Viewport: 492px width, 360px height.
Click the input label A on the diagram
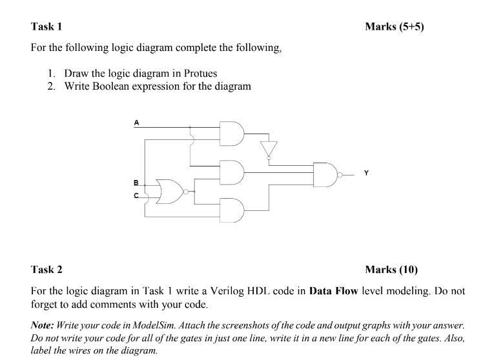136,121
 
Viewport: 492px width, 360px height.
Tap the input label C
136,195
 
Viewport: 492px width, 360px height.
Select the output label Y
367,173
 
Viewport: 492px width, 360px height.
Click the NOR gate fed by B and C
170,192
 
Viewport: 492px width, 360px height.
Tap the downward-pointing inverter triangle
267,148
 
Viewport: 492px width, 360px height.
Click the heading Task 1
46,26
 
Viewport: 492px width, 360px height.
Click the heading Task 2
46,269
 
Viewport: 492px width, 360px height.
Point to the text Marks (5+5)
394,26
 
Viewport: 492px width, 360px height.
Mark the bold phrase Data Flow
333,290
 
